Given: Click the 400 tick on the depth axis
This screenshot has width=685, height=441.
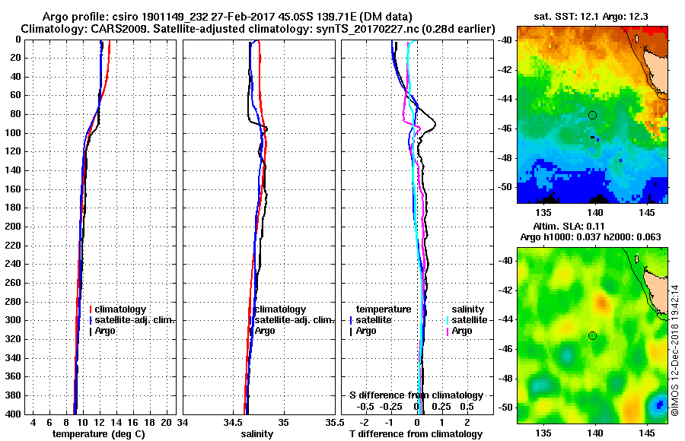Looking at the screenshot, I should tap(14, 414).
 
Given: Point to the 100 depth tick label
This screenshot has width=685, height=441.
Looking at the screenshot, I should tap(14, 133).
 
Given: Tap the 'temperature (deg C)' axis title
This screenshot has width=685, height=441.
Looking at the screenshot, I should tap(98, 433).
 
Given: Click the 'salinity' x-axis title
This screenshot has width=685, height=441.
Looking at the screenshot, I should tap(257, 433).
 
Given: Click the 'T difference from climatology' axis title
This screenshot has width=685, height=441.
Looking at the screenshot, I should tap(416, 433).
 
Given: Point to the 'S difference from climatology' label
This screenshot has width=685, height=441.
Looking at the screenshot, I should tap(416, 395).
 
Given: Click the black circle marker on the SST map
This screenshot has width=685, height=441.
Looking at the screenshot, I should tap(592, 115).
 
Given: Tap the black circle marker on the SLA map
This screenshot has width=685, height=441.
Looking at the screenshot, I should tap(592, 335).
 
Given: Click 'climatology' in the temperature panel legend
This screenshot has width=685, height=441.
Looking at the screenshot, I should tap(123, 309).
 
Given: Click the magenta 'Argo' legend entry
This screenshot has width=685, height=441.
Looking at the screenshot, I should tap(461, 331).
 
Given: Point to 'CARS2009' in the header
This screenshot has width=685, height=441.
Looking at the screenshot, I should tap(106, 29).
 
